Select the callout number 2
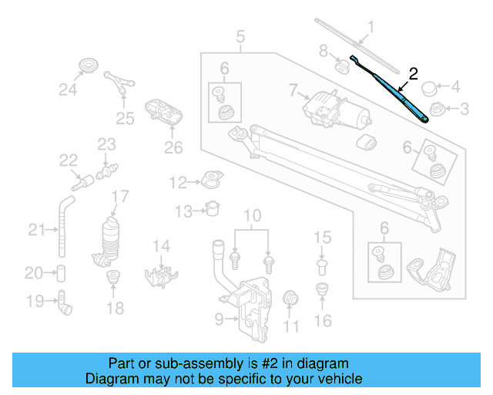coord(414,74)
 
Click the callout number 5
coord(240,35)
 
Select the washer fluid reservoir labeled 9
coord(246,305)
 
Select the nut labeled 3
coord(435,109)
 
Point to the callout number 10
coord(248,214)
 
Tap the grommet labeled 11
coord(291,299)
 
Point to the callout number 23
coord(106,143)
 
